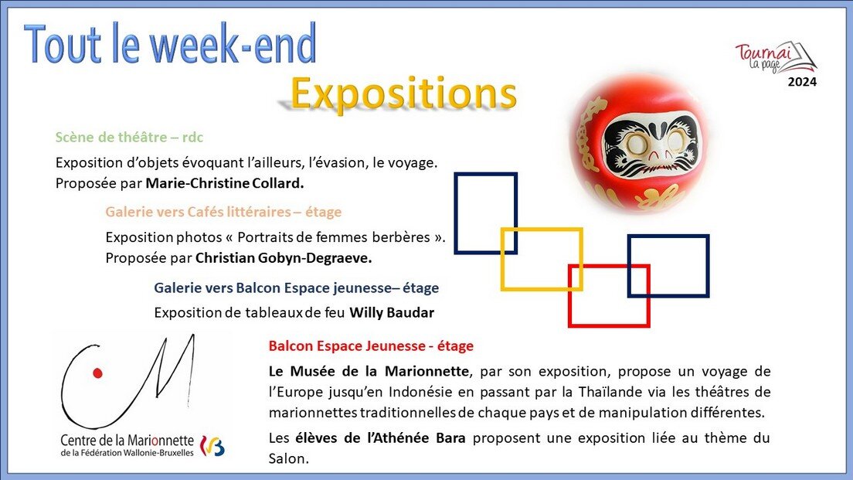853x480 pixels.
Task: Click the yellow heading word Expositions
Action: pos(403,94)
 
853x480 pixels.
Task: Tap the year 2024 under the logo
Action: pos(802,82)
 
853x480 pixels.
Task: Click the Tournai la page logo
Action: pos(776,58)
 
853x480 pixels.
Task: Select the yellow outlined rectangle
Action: pos(542,259)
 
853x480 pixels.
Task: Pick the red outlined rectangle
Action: pos(609,295)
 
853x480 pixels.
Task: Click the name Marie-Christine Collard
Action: pos(225,183)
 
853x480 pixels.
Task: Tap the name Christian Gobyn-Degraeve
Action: pos(284,258)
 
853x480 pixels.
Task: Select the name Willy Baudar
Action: pos(392,313)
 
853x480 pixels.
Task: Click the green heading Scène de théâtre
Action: pos(111,137)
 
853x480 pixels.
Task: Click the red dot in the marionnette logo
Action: pos(97,373)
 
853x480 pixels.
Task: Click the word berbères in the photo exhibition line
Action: pos(401,237)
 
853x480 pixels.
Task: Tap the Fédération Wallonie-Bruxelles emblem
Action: pos(212,446)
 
